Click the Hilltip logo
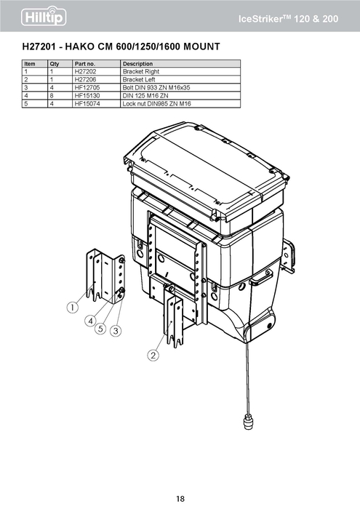44,16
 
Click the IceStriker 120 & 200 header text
288,19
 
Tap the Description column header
137,64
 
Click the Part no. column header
85,64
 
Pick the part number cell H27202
85,71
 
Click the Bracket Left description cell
139,79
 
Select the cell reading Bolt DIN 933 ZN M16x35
156,88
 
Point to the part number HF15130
87,96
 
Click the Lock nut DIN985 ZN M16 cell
156,104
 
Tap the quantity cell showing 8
52,96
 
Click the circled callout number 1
73,307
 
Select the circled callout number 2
153,355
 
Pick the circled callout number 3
116,331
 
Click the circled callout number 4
91,321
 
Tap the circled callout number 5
100,329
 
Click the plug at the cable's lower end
248,421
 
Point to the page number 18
180,498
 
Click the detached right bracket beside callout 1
105,276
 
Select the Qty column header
55,64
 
